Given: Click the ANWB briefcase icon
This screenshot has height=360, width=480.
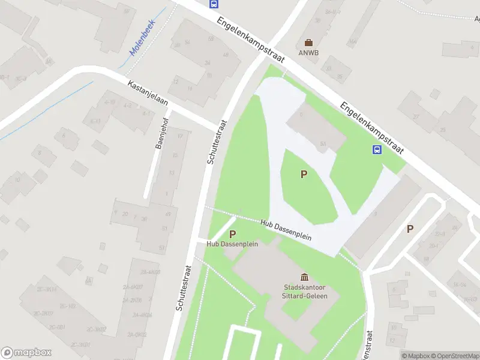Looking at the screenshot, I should click(x=308, y=43).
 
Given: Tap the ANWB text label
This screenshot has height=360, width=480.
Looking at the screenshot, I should click(x=308, y=52).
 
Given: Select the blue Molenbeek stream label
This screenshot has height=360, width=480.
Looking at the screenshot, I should click(x=143, y=42).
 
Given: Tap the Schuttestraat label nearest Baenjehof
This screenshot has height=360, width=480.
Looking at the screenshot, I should click(x=217, y=142).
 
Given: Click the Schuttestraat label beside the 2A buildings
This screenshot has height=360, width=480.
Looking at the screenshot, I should click(x=184, y=288).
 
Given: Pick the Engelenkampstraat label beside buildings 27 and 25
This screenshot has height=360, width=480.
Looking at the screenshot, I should click(x=371, y=128).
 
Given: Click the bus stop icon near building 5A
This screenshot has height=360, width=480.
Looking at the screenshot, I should click(x=377, y=150).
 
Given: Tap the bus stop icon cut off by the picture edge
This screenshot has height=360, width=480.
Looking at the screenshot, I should click(x=213, y=3).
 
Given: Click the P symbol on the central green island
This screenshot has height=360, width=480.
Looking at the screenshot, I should click(x=304, y=175).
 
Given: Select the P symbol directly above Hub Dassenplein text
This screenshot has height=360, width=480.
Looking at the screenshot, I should click(x=232, y=234).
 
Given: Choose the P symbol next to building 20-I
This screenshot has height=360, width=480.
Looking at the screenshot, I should click(x=410, y=229).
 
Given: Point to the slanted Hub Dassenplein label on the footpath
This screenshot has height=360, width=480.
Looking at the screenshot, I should click(x=286, y=229).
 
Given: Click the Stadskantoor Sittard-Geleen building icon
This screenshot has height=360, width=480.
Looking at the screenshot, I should click(x=304, y=277).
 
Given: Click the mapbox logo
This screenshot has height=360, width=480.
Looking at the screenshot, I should click(x=26, y=353).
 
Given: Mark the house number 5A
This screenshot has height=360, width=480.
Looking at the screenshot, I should click(x=323, y=143).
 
